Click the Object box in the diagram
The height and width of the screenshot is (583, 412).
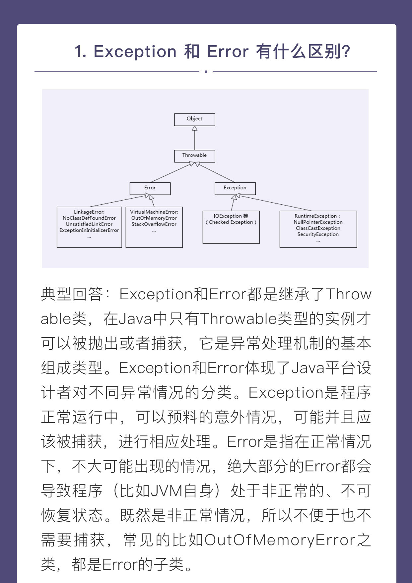195,120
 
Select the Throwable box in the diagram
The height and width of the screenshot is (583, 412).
195,156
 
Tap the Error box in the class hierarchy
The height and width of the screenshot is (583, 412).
150,188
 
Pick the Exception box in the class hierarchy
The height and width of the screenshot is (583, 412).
235,188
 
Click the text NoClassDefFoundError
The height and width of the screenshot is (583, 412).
89,218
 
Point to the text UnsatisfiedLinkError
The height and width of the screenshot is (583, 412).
89,224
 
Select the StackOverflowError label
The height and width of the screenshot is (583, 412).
154,224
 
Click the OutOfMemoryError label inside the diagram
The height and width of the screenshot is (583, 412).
154,218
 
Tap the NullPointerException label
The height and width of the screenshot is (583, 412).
318,222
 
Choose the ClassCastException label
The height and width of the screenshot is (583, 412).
318,228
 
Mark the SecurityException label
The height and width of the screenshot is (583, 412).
318,234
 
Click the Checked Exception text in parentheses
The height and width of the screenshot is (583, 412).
231,222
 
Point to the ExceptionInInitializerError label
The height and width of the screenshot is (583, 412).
89,230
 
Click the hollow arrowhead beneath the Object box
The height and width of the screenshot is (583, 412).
195,128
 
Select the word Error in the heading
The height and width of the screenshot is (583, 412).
228,52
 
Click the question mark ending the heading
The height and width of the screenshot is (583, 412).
346,52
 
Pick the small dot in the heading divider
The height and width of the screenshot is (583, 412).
206,71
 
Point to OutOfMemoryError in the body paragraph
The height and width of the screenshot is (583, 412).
280,540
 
